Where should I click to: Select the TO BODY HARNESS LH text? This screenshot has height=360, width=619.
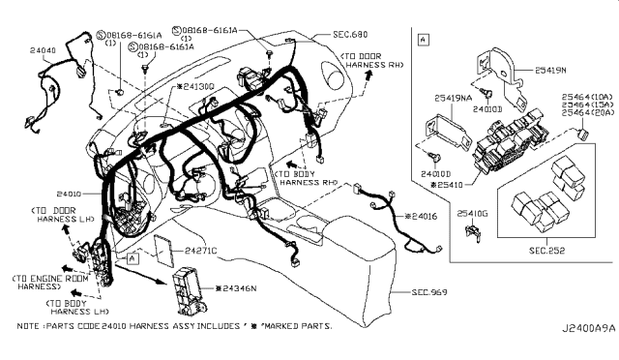pos(73,307)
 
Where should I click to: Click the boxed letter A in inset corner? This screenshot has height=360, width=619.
pos(425,40)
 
